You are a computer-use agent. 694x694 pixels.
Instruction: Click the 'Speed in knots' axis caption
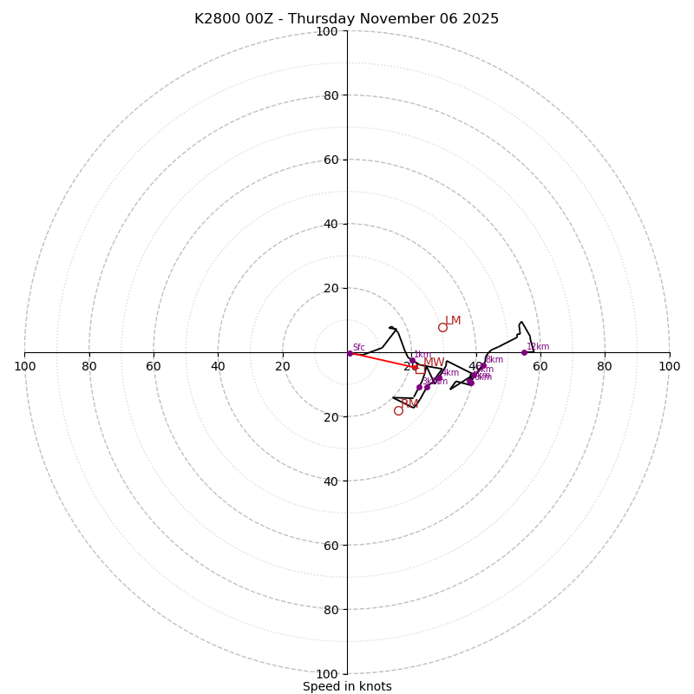coord(347,686)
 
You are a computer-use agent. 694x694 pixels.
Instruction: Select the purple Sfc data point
coord(350,353)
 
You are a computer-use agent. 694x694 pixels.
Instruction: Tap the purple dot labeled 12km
coord(524,352)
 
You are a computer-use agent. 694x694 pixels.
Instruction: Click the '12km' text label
coord(538,347)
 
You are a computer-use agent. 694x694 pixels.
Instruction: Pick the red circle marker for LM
coord(442,327)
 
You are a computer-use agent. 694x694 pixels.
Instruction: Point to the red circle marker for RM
coord(398,410)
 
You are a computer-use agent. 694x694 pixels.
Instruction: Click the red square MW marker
coord(416,366)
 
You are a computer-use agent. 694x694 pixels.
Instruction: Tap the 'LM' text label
coord(453,321)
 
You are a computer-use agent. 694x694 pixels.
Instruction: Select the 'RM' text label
coord(409,404)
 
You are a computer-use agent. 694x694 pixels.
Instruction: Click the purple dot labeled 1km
coord(412,361)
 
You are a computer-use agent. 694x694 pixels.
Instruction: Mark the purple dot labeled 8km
coord(482,365)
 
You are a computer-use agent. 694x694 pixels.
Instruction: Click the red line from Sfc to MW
coord(382,359)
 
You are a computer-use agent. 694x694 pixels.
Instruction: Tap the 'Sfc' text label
coord(358,348)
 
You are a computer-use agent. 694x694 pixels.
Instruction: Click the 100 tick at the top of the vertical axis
coord(327,31)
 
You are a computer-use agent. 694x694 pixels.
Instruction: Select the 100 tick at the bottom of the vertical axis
coord(327,674)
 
